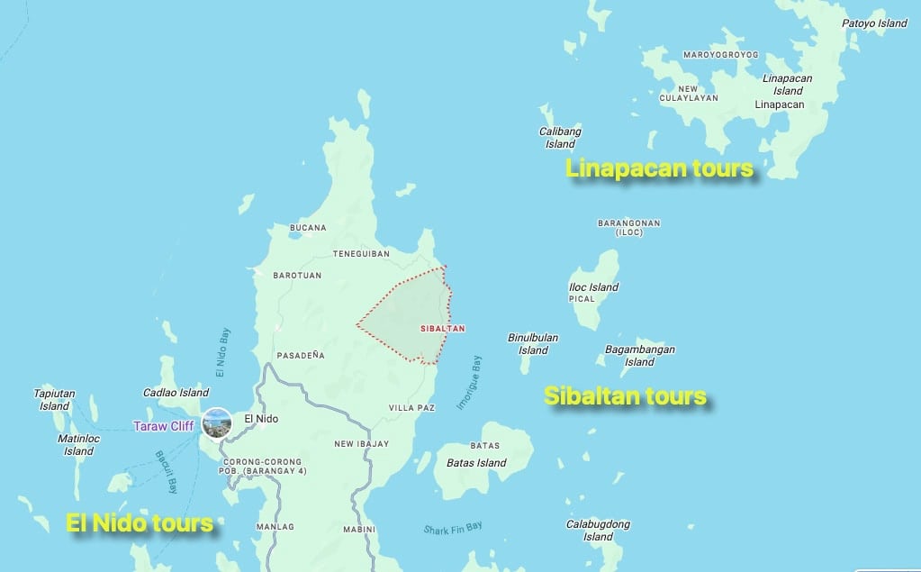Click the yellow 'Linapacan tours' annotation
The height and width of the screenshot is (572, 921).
(x=659, y=168)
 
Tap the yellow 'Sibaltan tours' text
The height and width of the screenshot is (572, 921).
(x=625, y=396)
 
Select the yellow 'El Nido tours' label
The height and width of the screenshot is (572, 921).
(x=140, y=522)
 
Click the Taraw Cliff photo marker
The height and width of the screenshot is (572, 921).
(x=217, y=422)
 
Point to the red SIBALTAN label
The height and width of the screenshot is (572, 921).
(x=443, y=329)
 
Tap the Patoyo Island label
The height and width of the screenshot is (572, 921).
(x=874, y=23)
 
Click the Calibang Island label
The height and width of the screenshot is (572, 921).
(x=560, y=138)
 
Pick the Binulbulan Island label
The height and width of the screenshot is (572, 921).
(x=533, y=344)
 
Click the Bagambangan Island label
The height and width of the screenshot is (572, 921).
(x=639, y=356)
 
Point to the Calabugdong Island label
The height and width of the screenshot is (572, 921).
(x=598, y=531)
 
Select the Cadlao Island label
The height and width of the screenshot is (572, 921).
(x=176, y=393)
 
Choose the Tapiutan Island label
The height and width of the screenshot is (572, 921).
(x=54, y=400)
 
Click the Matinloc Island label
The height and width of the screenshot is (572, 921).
(x=78, y=445)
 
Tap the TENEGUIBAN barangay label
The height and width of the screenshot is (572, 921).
(x=361, y=254)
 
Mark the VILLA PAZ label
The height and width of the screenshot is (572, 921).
(x=411, y=408)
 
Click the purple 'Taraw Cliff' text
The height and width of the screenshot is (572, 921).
(x=163, y=426)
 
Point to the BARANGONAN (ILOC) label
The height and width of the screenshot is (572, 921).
(x=628, y=227)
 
